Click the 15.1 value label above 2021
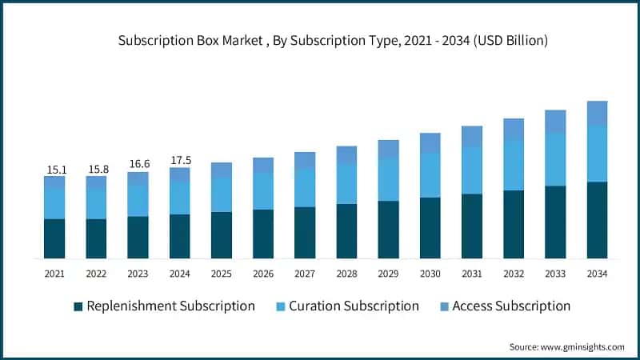[54, 169]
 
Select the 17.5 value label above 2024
[180, 160]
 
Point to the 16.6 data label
[138, 164]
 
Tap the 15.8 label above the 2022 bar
[96, 169]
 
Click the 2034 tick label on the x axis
[597, 274]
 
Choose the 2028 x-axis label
[346, 274]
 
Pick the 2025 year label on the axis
[222, 274]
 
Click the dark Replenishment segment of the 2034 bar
[597, 220]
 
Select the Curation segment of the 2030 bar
[430, 175]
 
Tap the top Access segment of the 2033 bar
[555, 121]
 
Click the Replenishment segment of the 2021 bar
[54, 238]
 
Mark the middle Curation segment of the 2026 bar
[263, 191]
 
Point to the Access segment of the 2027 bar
[305, 160]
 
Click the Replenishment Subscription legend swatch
[78, 306]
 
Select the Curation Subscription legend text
[354, 306]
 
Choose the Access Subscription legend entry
[511, 306]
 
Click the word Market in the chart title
[229, 38]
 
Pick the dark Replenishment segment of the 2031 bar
[472, 226]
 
